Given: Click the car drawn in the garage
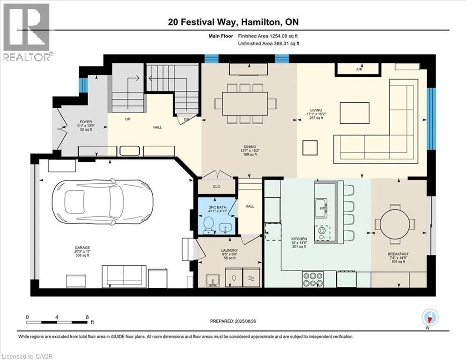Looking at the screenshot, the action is (x=103, y=202).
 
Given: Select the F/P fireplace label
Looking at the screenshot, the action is (x=359, y=70).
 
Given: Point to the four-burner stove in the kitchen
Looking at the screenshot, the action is (x=313, y=279).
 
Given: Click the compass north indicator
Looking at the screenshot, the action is (x=430, y=317).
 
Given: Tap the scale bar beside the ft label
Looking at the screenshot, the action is (x=57, y=322).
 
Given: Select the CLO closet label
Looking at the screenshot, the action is (x=217, y=187).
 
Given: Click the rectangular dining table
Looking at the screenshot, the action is (x=245, y=103).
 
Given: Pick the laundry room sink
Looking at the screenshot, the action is (x=213, y=280).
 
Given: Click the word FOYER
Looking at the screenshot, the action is (x=86, y=122).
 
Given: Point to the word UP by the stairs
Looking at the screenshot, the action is (x=127, y=119).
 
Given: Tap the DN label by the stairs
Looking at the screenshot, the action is (x=186, y=120).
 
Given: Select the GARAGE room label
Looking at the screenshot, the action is (x=82, y=247).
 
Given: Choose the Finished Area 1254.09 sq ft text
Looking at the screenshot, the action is (x=268, y=36).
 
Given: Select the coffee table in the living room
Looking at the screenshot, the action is (x=355, y=113).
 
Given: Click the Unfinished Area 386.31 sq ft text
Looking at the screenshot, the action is (x=269, y=44).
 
